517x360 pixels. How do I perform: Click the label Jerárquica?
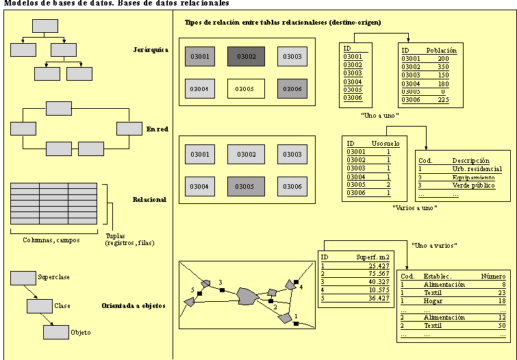tap(151, 49)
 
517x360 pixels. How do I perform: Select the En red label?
tap(157, 129)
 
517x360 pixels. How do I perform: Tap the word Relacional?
tap(149, 200)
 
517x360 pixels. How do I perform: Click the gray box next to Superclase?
tap(23, 277)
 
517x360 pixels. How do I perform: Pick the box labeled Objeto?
tap(56, 332)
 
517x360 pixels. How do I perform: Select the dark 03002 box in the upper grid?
tap(246, 56)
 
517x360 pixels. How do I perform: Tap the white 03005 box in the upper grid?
tap(246, 89)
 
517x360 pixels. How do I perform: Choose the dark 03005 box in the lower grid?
tap(246, 186)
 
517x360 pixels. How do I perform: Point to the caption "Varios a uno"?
tap(415, 207)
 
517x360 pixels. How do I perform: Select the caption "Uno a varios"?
tap(433, 245)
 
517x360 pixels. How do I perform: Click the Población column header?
tap(441, 51)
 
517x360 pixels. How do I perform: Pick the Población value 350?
tap(443, 67)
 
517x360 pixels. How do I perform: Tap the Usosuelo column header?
tap(380, 143)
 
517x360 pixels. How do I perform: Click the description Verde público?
tap(474, 185)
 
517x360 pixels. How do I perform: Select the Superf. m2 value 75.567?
tap(370, 274)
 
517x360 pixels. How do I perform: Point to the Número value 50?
tap(501, 326)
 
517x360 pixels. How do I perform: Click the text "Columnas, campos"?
tap(51, 240)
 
